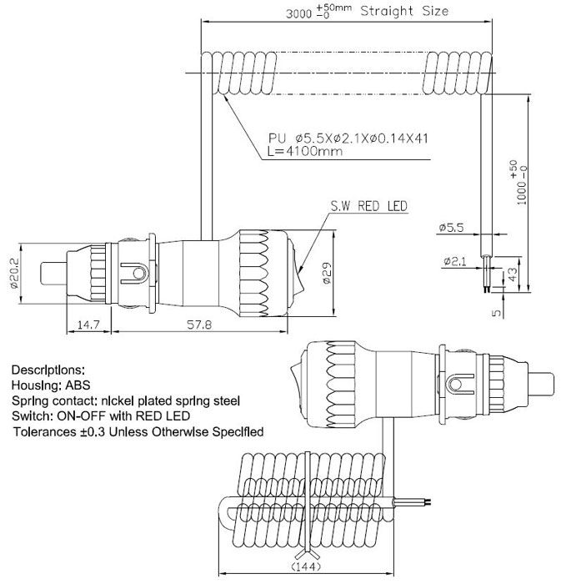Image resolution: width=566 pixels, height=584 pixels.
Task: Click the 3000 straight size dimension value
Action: [x=298, y=14]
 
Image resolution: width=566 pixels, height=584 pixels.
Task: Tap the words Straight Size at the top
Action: [x=404, y=11]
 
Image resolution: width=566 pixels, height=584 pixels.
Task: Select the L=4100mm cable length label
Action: [x=305, y=151]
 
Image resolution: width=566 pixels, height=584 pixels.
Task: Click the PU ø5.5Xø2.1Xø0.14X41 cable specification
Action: [x=348, y=138]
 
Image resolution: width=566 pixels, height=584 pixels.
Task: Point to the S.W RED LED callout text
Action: [x=369, y=206]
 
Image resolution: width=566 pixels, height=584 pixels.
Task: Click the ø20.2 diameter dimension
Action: [x=14, y=274]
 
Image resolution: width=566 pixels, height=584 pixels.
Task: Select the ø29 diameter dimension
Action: [x=327, y=274]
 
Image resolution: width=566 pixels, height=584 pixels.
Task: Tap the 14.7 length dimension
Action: [x=88, y=325]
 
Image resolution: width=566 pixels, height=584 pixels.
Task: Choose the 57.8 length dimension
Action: [x=199, y=325]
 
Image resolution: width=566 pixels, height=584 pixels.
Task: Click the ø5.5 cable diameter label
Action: [x=452, y=227]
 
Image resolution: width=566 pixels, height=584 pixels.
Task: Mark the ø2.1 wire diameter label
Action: [x=455, y=261]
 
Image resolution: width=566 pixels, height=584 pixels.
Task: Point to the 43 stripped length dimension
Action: [x=513, y=274]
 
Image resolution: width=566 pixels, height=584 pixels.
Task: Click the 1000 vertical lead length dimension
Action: [x=518, y=183]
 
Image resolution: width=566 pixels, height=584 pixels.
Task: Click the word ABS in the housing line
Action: [x=78, y=385]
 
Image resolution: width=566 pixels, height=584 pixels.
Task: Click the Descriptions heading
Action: [x=48, y=370]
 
